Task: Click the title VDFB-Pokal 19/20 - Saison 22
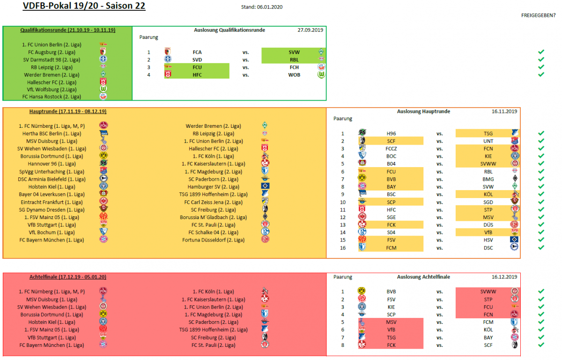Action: click(x=84, y=6)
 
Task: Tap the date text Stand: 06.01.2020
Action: click(x=262, y=7)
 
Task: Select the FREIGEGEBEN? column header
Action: click(x=539, y=15)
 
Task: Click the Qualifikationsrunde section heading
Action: click(x=68, y=30)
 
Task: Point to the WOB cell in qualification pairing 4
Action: click(x=294, y=75)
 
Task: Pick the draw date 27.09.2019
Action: click(x=311, y=30)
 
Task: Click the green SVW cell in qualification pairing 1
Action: click(x=294, y=52)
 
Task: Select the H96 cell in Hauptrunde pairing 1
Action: click(x=391, y=133)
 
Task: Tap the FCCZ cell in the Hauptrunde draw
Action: click(x=391, y=148)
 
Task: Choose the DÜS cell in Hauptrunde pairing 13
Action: click(x=488, y=225)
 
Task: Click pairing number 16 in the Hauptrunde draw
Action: click(x=343, y=248)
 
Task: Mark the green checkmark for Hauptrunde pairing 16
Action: click(x=541, y=247)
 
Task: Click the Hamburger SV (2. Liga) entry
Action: click(x=213, y=187)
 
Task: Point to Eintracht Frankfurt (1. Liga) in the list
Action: click(x=52, y=202)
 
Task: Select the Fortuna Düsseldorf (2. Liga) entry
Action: click(x=213, y=240)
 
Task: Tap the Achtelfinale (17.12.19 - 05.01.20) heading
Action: click(x=68, y=277)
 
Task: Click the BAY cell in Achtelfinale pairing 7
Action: click(x=488, y=338)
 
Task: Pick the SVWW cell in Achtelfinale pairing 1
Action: click(x=488, y=292)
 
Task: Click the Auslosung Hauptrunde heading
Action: click(x=423, y=111)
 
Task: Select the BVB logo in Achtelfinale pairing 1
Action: click(x=362, y=291)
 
